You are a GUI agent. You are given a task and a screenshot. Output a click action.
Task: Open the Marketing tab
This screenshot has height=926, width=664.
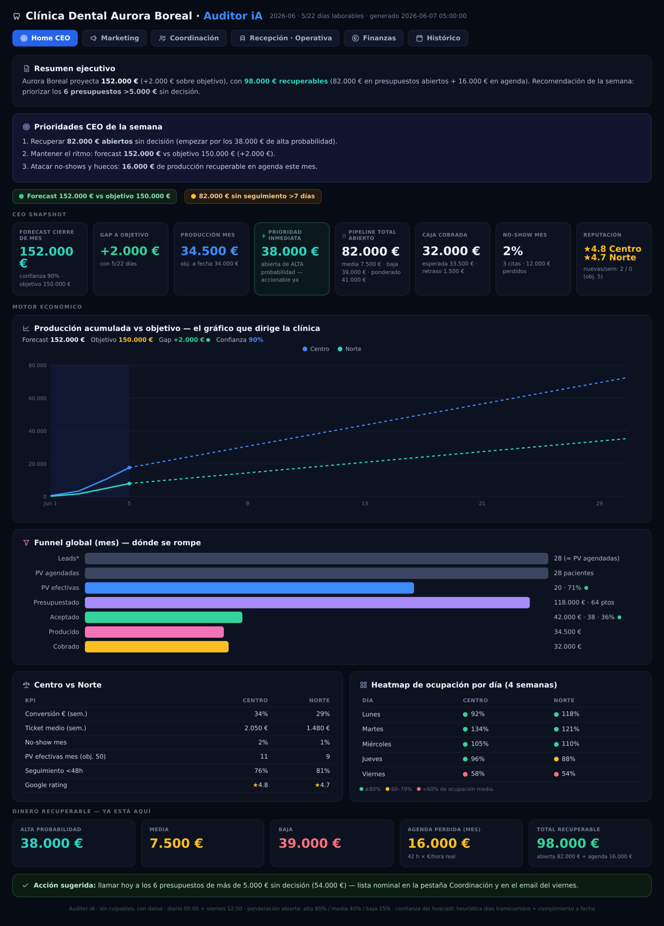point(114,38)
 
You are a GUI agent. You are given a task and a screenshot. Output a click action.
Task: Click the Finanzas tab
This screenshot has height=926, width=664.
point(374,38)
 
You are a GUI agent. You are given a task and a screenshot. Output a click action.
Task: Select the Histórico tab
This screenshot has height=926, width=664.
point(438,38)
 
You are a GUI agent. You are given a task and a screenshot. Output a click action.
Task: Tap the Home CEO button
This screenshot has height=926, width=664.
point(45,38)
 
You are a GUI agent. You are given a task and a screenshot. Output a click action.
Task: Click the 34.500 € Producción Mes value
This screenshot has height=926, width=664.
point(210,251)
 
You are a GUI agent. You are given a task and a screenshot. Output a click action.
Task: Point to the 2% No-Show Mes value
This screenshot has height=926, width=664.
point(513,251)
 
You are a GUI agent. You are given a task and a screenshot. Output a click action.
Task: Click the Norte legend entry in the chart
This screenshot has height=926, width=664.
point(350,349)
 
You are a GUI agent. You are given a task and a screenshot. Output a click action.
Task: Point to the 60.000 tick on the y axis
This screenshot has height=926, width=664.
point(38,398)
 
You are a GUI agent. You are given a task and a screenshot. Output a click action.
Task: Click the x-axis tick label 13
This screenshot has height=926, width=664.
point(365,504)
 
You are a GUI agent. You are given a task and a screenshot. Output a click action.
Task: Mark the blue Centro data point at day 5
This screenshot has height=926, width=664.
point(129,467)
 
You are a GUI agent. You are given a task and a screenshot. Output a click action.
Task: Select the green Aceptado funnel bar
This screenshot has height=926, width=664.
point(163,617)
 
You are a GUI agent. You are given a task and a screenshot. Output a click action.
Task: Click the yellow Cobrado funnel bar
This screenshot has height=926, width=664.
point(157,646)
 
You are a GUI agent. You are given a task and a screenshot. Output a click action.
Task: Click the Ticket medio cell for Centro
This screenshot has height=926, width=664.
point(256,728)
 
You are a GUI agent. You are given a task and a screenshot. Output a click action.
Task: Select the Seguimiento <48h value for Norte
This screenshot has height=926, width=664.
point(323,770)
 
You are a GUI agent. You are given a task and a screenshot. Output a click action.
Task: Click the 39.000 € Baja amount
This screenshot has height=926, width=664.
point(309,843)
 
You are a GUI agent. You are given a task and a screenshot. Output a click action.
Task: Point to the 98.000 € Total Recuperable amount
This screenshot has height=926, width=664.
point(568,843)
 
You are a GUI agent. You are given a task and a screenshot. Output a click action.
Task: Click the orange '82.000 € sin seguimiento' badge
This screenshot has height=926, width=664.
point(253,196)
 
